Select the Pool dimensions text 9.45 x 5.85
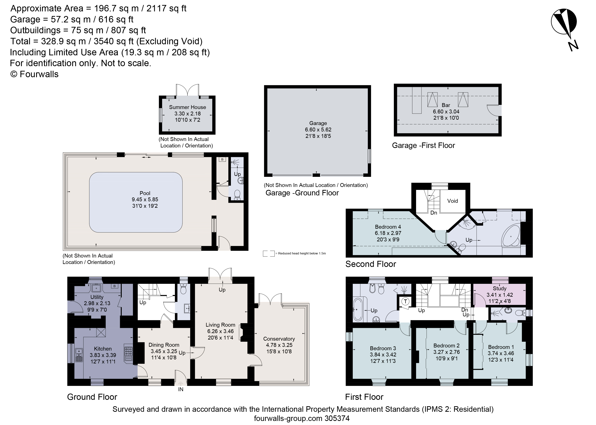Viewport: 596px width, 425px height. [145, 199]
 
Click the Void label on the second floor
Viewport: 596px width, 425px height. [452, 201]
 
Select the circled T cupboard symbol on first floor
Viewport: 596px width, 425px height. [405, 301]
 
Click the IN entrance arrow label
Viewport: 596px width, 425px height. [181, 389]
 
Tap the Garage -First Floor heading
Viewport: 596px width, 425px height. [423, 146]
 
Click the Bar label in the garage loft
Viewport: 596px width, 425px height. [446, 105]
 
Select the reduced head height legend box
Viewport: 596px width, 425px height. [269, 253]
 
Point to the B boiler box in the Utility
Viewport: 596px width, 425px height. [114, 286]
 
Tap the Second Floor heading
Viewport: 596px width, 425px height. [370, 264]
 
